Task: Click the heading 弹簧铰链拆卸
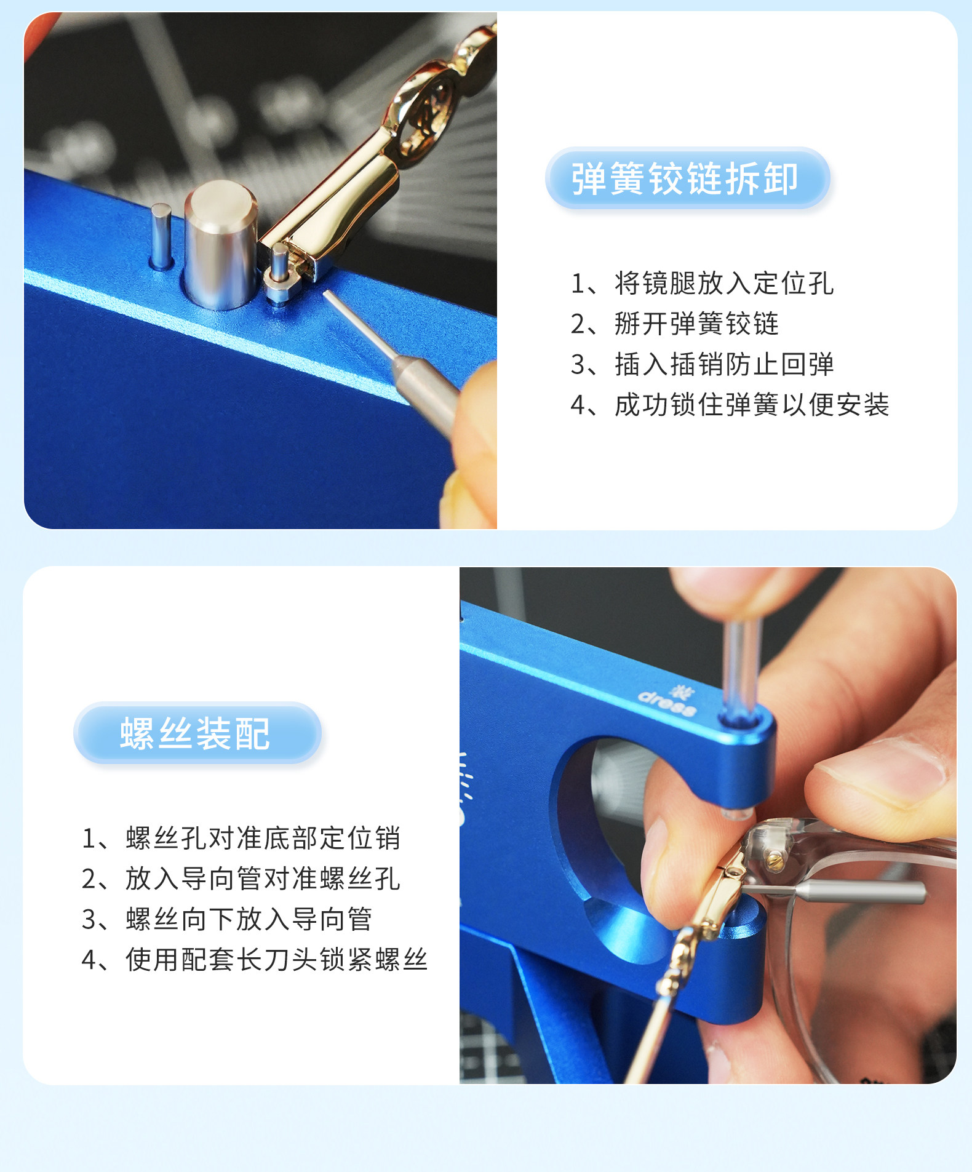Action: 685,179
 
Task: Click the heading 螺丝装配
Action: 195,733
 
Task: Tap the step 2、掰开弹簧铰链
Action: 675,324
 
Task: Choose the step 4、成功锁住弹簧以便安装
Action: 730,405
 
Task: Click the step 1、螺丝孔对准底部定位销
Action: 241,839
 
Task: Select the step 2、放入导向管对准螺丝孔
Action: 241,879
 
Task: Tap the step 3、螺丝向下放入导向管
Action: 227,919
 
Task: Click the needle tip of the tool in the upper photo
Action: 325,293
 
